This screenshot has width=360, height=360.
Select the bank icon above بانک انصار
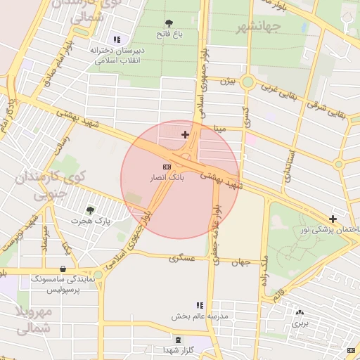pyautogui.click(x=167, y=167)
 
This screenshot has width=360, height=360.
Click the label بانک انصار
pyautogui.click(x=167, y=179)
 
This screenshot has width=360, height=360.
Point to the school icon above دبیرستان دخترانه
pyautogui.click(x=116, y=39)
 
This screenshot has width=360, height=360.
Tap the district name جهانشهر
pyautogui.click(x=258, y=27)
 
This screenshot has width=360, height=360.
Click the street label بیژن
pyautogui.click(x=226, y=82)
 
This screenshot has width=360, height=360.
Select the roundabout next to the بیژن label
pyautogui.click(x=247, y=82)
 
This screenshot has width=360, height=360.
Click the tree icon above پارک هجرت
pyautogui.click(x=90, y=210)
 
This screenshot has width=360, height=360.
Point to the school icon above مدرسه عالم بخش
pyautogui.click(x=200, y=305)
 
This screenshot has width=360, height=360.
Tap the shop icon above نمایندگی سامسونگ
pyautogui.click(x=64, y=268)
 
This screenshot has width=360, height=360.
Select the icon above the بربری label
pyautogui.click(x=301, y=312)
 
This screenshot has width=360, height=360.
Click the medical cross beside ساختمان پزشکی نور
pyautogui.click(x=333, y=219)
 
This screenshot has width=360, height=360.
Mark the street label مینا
pyautogui.click(x=220, y=129)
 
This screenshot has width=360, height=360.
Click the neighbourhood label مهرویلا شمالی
pyautogui.click(x=34, y=321)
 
